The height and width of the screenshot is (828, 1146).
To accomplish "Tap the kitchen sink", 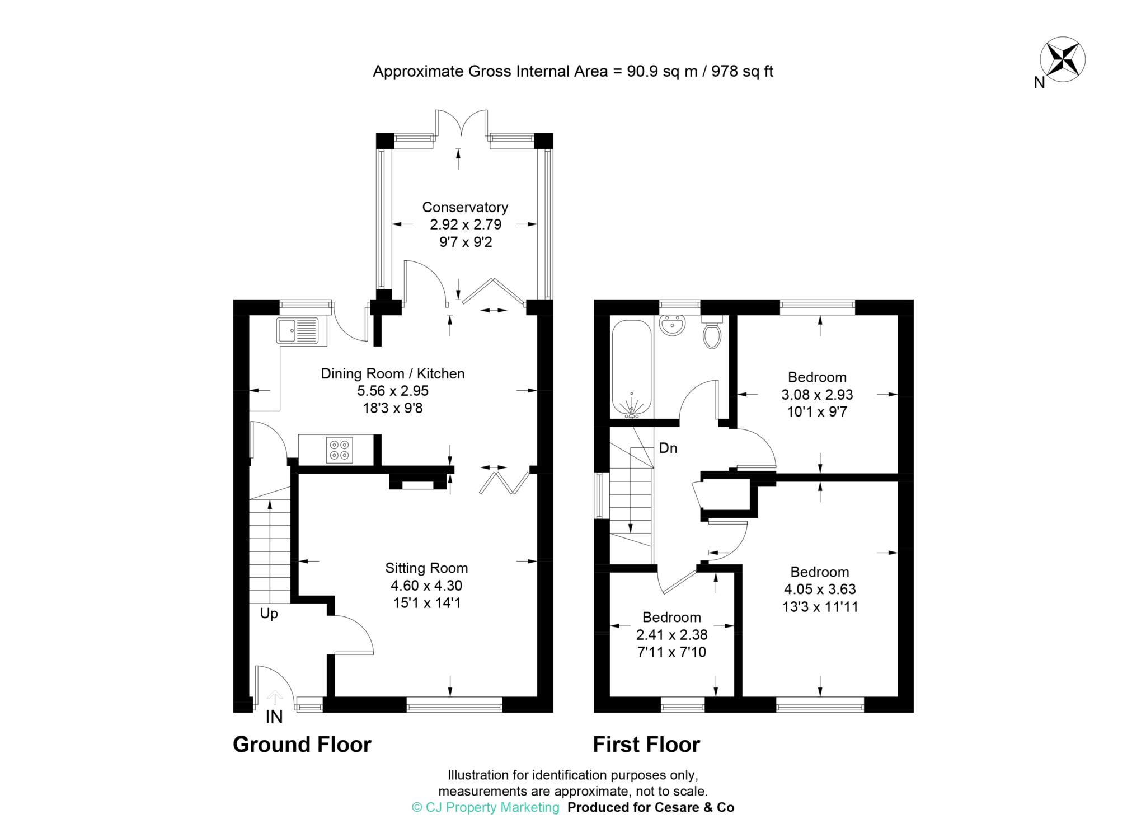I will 297,330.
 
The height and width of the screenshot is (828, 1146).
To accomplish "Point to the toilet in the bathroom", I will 712,334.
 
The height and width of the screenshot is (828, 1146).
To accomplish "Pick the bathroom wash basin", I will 672,325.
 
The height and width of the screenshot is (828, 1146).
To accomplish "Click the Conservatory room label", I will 465,207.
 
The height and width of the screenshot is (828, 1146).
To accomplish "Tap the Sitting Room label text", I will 426,568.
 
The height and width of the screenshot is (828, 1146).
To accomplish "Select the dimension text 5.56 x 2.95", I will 392,391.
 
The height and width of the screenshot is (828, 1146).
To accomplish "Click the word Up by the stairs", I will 269,614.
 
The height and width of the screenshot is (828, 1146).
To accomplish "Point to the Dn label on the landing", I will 668,448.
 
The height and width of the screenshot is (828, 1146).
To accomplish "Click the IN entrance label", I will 274,717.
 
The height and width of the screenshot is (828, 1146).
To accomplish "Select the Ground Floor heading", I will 302,745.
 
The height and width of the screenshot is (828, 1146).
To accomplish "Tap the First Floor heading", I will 646,745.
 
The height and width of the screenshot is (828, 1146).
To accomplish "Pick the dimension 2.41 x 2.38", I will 671,635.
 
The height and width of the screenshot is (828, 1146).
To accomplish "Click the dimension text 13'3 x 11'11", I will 820,607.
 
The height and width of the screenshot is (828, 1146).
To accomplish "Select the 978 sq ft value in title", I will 742,72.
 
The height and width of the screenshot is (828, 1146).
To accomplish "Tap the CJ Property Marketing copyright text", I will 485,807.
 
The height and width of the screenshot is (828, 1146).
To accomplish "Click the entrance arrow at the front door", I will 274,698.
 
